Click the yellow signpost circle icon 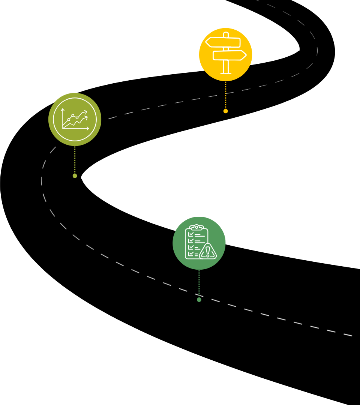pos(225,54)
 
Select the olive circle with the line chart pos(75,119)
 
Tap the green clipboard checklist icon pos(199,243)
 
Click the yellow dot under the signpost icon pos(225,111)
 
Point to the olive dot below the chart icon pos(75,176)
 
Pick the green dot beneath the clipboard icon pos(199,300)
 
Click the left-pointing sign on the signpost pos(223,42)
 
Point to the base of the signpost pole pos(226,73)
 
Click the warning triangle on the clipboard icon pos(208,252)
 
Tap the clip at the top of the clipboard pos(196,227)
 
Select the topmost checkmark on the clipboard pos(191,234)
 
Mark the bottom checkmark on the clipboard pos(191,254)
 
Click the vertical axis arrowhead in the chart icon pos(63,110)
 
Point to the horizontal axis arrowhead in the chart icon pos(88,129)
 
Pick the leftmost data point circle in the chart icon pos(69,120)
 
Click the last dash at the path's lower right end pos(348,334)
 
